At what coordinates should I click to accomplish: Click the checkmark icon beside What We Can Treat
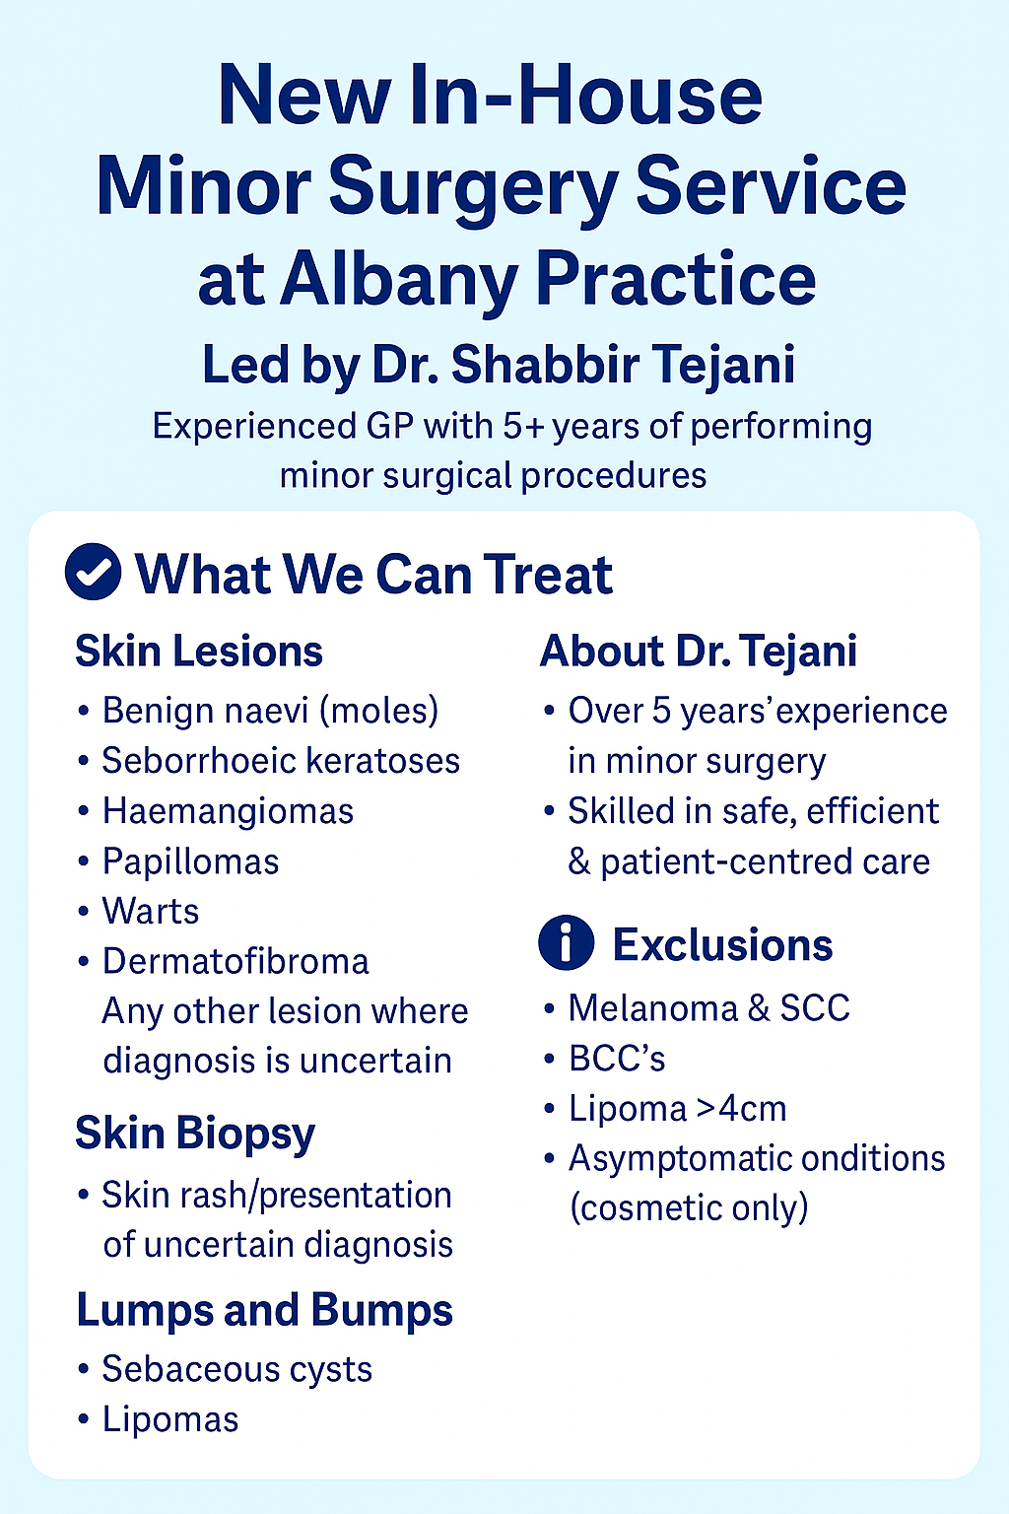[94, 571]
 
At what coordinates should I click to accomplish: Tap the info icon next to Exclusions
[567, 943]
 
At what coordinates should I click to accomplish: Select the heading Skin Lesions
[199, 651]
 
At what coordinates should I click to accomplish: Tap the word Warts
[151, 911]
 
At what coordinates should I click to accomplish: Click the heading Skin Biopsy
[195, 1134]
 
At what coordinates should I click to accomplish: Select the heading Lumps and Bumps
[265, 1309]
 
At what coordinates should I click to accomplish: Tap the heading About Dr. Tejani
[699, 651]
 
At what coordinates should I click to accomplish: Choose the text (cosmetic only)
[689, 1207]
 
